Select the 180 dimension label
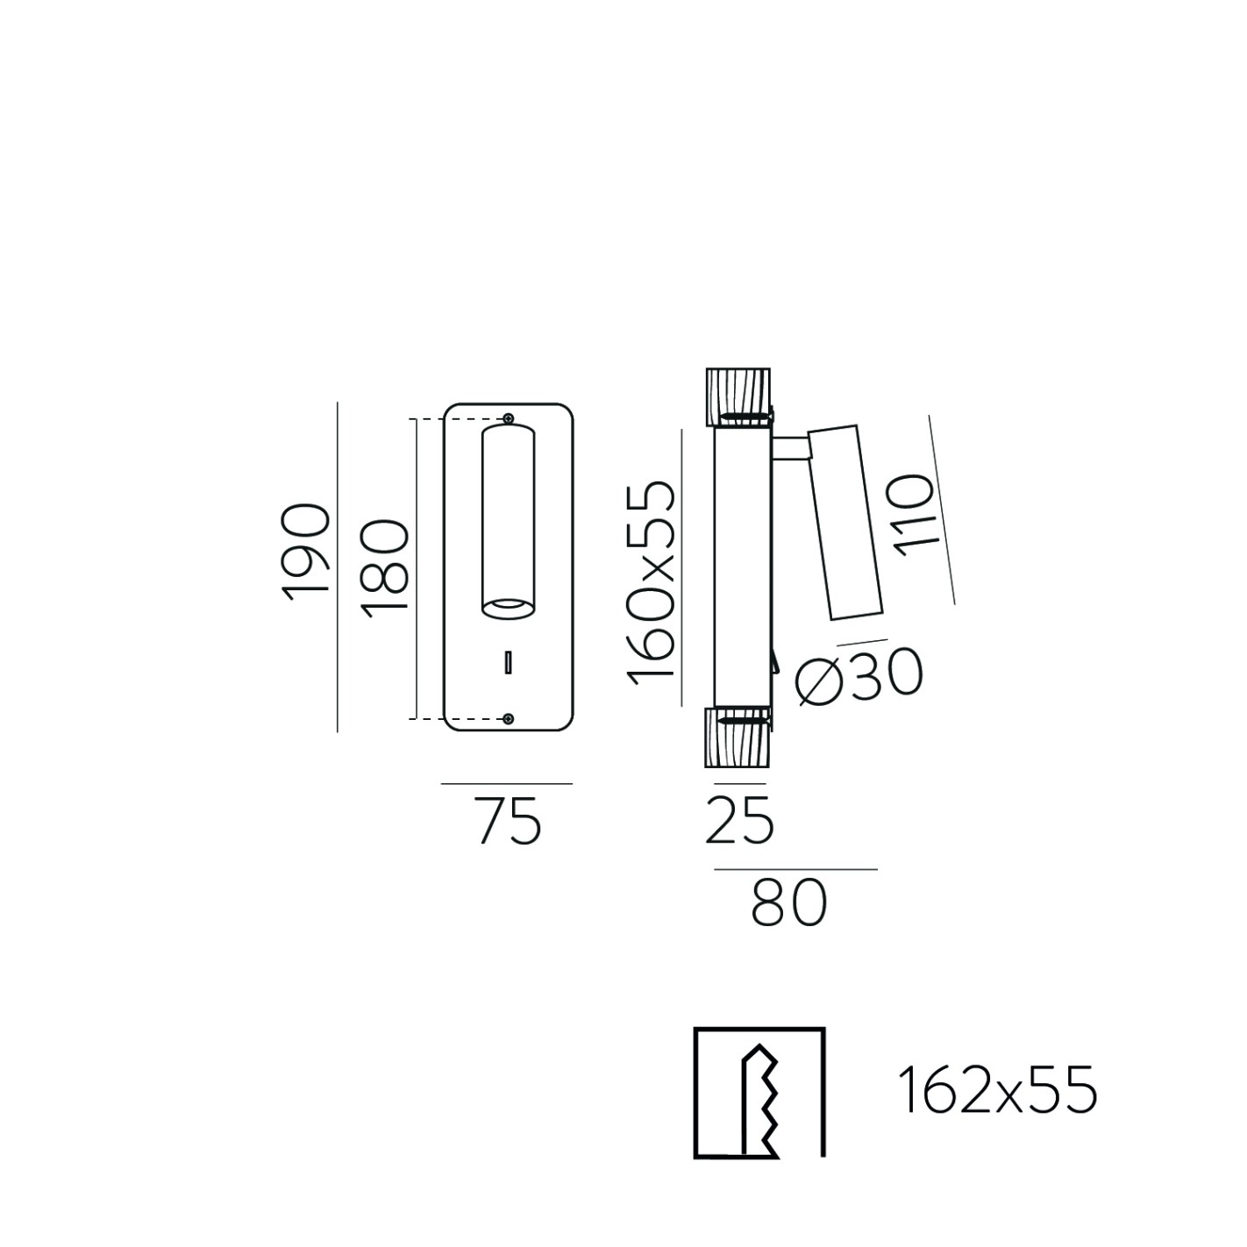(x=384, y=569)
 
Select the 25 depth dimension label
(x=739, y=820)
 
